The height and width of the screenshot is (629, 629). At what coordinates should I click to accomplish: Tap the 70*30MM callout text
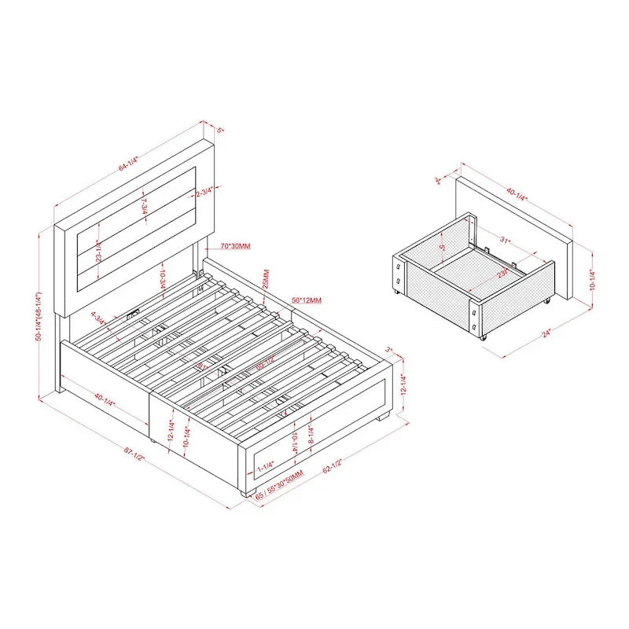tap(235, 246)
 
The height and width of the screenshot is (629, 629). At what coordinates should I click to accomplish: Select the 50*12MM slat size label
tap(307, 300)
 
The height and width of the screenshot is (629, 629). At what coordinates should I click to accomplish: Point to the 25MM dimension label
tap(266, 278)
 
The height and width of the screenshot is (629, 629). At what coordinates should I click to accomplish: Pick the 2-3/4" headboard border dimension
tap(206, 191)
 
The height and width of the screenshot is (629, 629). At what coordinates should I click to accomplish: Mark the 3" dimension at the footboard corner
tap(388, 348)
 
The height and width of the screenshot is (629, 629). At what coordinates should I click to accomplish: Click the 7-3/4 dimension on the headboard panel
tap(144, 209)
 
